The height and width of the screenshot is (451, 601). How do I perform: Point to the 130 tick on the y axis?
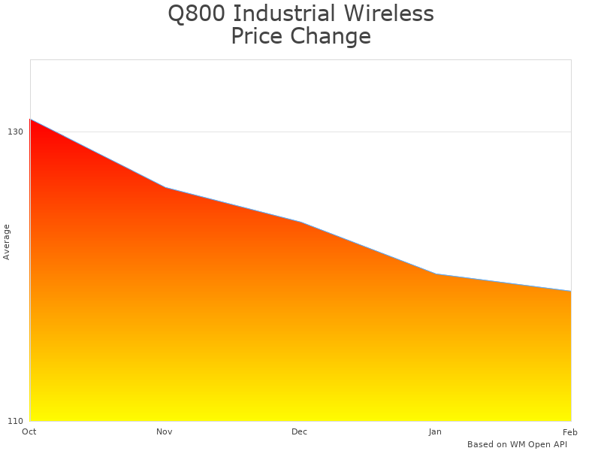click(x=16, y=132)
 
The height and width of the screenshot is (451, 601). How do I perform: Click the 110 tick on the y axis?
click(x=16, y=420)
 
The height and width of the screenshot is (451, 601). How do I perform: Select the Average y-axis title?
click(x=7, y=242)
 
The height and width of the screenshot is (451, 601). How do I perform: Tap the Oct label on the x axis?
click(x=29, y=431)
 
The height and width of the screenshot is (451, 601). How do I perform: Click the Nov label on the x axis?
click(x=165, y=431)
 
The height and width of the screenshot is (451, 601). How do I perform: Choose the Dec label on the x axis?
click(x=300, y=431)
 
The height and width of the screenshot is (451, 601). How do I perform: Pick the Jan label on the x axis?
click(x=435, y=431)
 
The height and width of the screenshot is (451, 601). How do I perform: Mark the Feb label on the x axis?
click(x=570, y=431)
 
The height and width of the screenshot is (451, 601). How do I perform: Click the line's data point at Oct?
click(x=30, y=119)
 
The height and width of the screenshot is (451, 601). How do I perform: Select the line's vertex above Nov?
click(x=165, y=187)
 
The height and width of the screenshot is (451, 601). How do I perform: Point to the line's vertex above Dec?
click(x=300, y=222)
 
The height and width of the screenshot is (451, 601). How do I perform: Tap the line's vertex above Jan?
click(x=436, y=274)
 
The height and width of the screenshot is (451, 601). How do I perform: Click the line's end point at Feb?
click(x=571, y=291)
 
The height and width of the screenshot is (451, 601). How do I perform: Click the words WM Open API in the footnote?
click(x=539, y=444)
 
